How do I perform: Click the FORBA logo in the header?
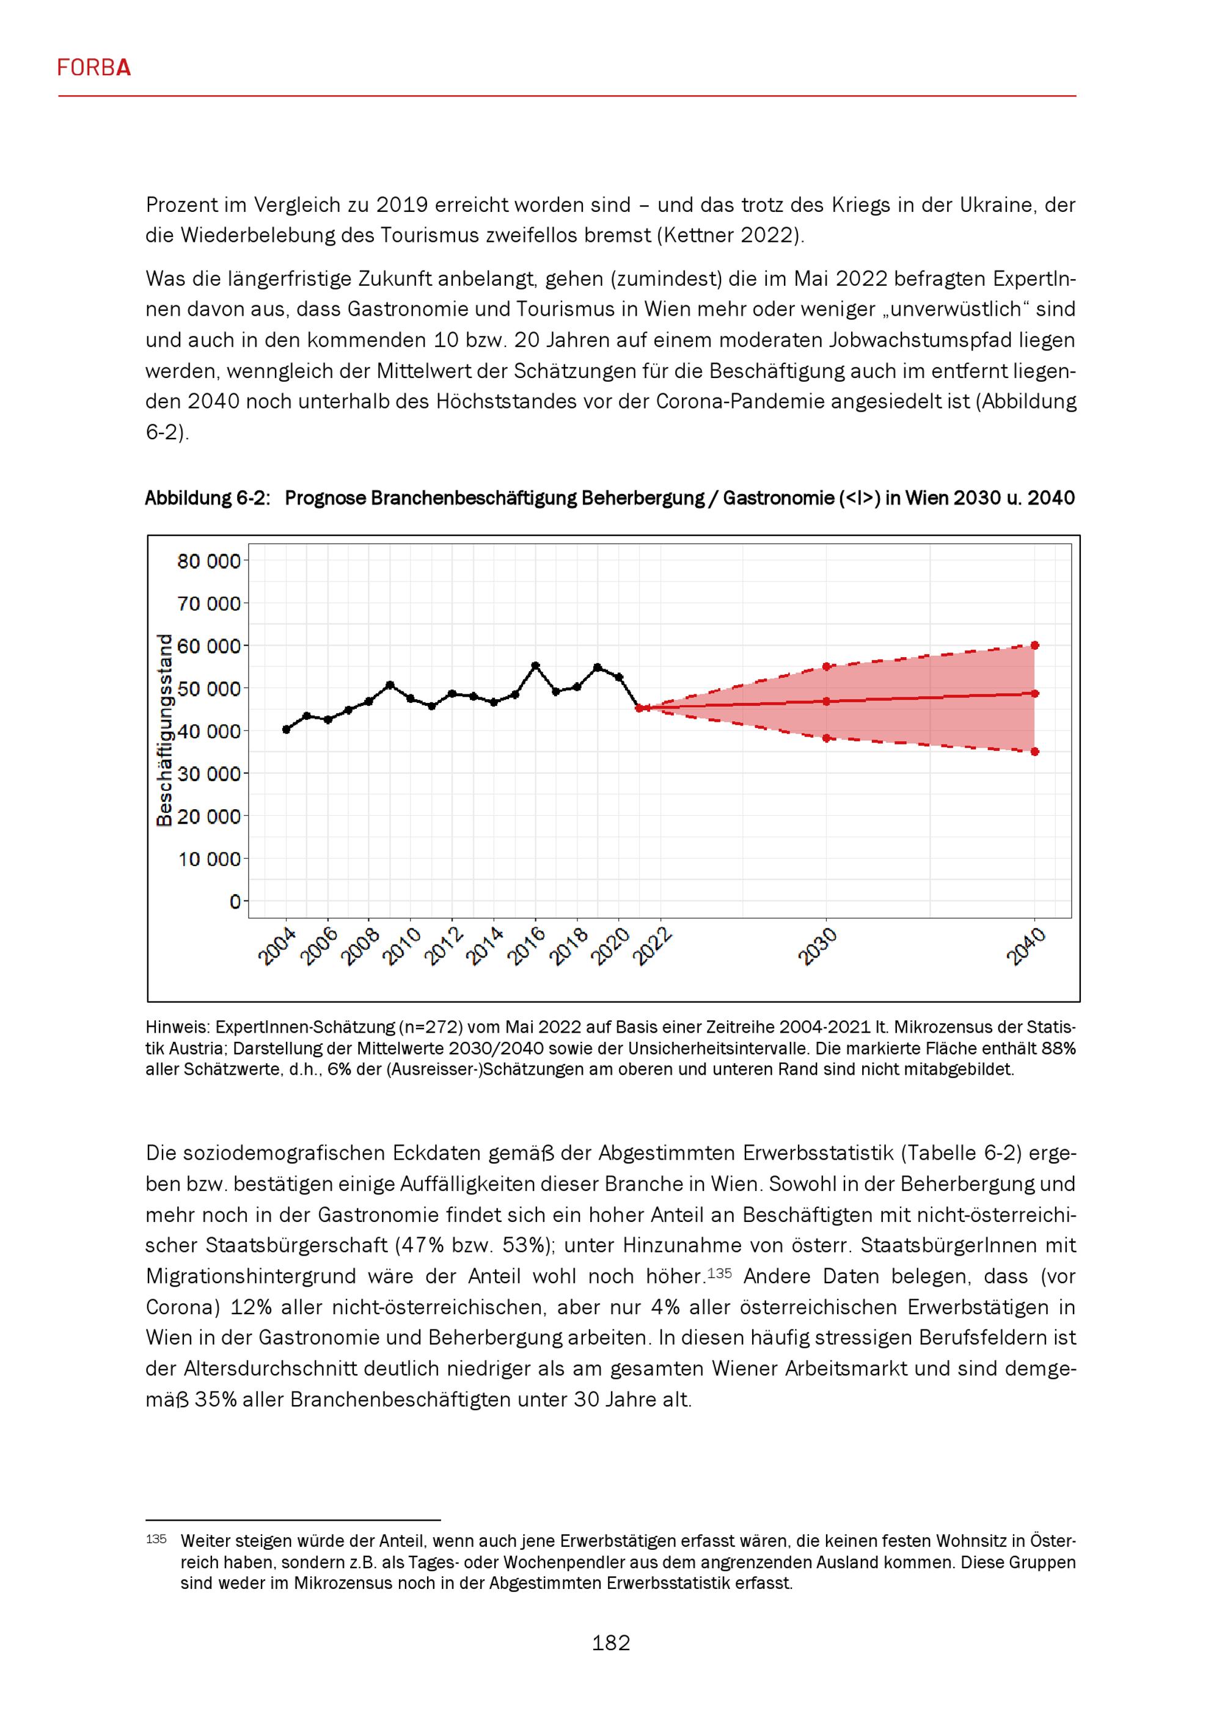(x=94, y=68)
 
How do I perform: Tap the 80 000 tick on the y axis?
(x=208, y=561)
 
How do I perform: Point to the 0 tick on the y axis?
(x=235, y=901)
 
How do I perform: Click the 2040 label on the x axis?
(x=1026, y=947)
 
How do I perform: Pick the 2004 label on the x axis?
(x=277, y=947)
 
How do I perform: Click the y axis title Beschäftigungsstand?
(x=164, y=730)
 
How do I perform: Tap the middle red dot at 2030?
(x=826, y=702)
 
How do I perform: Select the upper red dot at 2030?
(x=826, y=666)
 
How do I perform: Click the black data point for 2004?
(x=286, y=729)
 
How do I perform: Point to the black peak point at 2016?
(x=536, y=666)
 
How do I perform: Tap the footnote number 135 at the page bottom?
(x=156, y=1539)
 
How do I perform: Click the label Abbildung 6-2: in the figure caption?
(x=207, y=498)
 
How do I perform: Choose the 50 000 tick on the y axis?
(x=208, y=689)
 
